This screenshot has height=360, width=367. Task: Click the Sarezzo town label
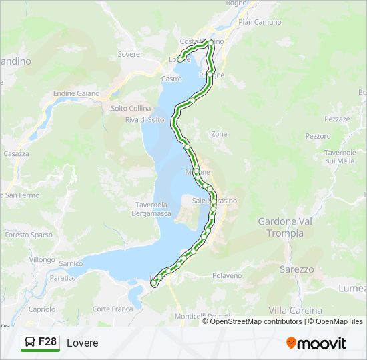297,269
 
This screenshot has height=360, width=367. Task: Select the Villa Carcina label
295,310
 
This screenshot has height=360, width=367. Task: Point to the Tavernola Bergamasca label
153,209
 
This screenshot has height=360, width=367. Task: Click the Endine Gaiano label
76,93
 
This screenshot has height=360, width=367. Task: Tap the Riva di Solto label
144,120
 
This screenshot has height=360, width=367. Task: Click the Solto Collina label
131,108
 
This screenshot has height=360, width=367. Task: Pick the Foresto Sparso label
28,235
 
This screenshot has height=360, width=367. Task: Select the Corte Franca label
113,309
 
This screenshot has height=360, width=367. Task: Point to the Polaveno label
227,275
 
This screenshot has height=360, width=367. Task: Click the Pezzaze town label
337,119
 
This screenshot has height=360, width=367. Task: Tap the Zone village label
219,134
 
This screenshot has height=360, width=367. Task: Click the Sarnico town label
71,264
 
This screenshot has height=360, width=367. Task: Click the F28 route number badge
47,342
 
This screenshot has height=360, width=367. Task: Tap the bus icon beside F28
31,342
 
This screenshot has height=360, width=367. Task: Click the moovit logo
316,343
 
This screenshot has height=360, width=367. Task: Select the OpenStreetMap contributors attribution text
256,321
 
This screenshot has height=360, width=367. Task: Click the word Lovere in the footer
82,343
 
